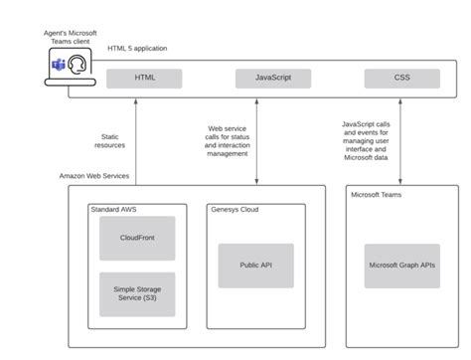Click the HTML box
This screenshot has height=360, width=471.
point(145,78)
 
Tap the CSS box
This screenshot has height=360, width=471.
point(401,78)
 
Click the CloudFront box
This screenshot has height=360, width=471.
point(137,239)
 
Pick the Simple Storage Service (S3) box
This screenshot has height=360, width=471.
point(137,294)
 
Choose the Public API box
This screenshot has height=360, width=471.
point(256,266)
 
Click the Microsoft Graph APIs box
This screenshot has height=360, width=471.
point(401,266)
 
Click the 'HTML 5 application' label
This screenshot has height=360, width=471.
point(137,48)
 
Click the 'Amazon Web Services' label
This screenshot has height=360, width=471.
point(95,176)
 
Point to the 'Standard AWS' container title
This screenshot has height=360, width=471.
point(114,209)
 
